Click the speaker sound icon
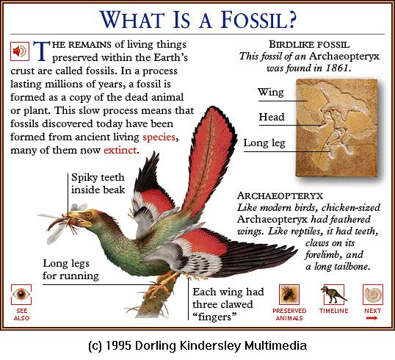(20, 51)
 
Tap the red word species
(159, 137)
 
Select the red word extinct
(120, 151)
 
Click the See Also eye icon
(21, 294)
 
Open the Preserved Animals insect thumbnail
(289, 294)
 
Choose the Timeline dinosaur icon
(333, 295)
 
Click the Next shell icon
(373, 294)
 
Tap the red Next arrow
(372, 318)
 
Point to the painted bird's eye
(88, 215)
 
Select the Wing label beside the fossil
(271, 93)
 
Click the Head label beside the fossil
(272, 117)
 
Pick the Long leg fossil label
(264, 143)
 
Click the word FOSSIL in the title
(258, 20)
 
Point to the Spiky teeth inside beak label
(98, 184)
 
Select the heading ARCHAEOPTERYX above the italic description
(280, 195)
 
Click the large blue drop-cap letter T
(42, 51)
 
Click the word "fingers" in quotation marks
(215, 317)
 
